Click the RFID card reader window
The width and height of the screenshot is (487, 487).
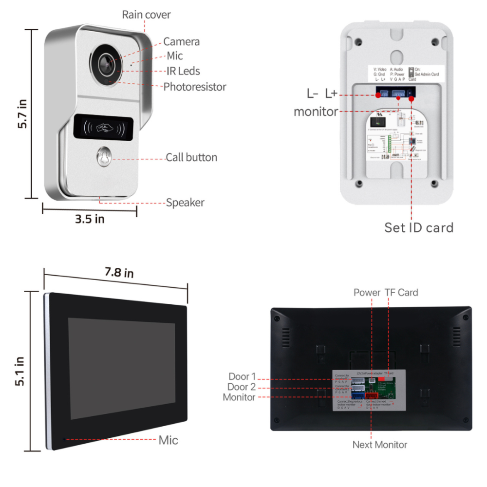point(104,127)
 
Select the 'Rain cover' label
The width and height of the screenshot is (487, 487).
point(146,15)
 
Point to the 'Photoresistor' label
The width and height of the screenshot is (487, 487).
point(195,87)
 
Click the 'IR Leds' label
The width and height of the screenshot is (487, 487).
point(182,71)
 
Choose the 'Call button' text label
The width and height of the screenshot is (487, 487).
point(191,157)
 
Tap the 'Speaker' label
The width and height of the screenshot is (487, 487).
point(185,203)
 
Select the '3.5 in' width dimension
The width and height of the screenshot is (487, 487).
point(90,219)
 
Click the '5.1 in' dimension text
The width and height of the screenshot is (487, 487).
point(20,372)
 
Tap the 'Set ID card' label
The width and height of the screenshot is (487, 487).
point(419,227)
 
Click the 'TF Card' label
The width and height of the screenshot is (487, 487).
point(401,292)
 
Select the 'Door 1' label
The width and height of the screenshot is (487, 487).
point(242,376)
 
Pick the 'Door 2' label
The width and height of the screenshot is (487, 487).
point(242,387)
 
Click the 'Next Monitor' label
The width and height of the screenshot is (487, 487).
point(380,444)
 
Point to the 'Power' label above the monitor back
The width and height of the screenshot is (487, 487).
point(367,292)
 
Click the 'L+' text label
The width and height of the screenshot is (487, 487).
point(331,94)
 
